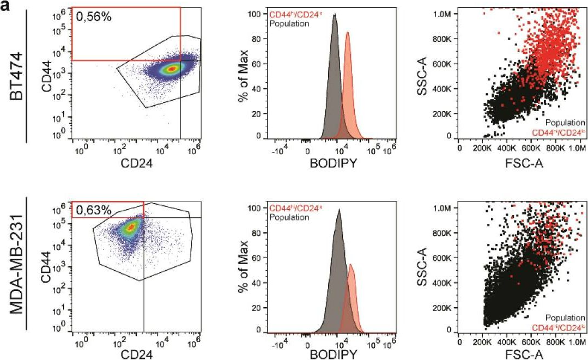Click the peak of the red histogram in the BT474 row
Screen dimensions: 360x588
click(348, 33)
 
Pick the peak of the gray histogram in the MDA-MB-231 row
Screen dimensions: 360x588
click(339, 210)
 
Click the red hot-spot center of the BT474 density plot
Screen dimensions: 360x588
click(171, 69)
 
